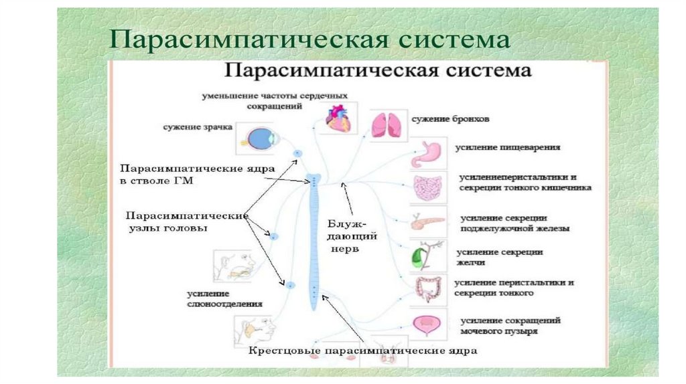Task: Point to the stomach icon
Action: (427, 154)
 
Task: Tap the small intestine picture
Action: (427, 188)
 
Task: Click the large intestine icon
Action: (426, 289)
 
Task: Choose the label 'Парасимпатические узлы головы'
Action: (186, 221)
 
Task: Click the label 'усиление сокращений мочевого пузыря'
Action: (509, 326)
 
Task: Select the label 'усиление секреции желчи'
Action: (500, 258)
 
